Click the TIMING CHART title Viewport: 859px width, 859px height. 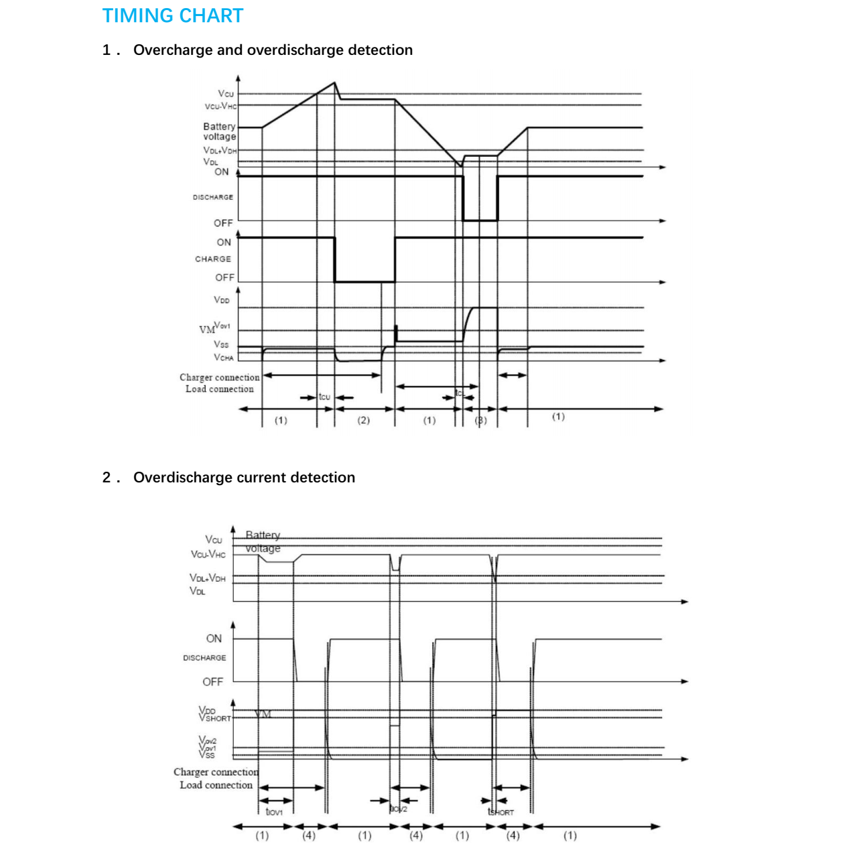172,15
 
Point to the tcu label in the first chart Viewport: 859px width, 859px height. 324,397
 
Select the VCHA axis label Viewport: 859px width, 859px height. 224,358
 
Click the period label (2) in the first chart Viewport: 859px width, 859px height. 363,420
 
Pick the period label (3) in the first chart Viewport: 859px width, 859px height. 481,421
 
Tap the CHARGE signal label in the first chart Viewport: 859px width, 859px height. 213,259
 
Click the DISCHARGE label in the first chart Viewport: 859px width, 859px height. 213,198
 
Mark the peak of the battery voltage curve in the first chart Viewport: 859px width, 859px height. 335,82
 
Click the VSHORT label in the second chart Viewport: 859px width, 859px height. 215,718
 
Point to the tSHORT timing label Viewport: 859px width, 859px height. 501,812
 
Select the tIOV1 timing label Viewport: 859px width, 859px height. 274,812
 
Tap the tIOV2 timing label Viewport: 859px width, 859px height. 399,809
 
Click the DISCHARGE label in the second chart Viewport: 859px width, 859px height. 204,658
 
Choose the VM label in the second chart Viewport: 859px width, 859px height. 263,714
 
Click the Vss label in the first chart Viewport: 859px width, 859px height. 221,344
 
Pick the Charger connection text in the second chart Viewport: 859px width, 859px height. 216,773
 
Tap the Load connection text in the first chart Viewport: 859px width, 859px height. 220,389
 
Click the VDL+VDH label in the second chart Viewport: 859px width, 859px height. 208,578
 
